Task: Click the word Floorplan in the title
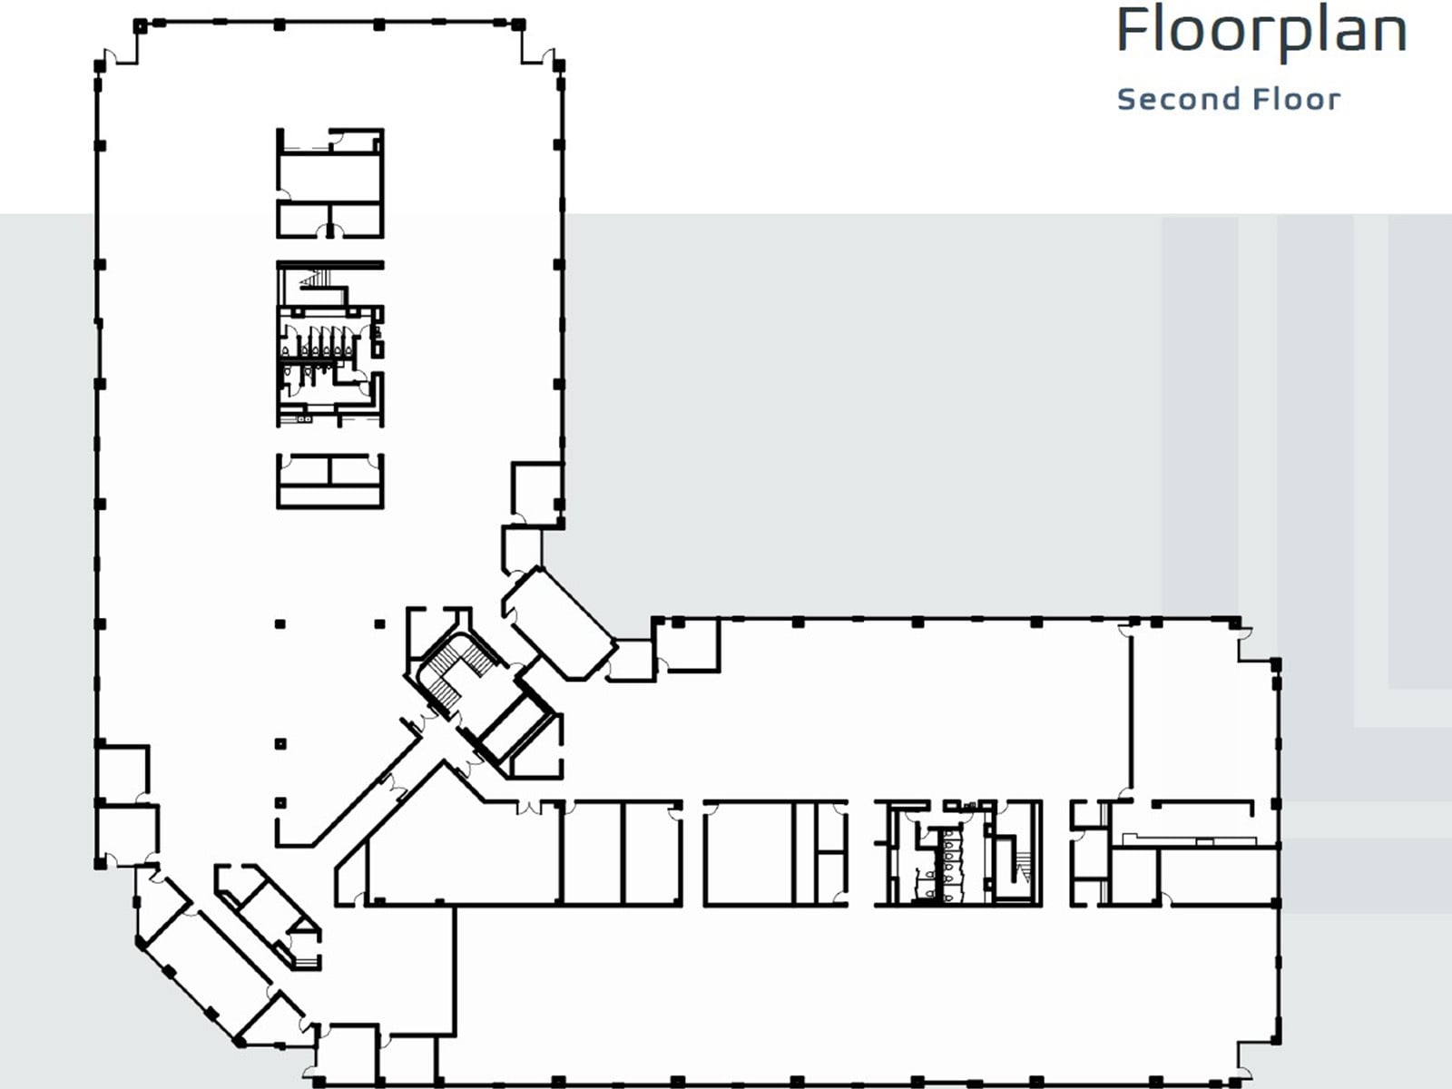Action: (x=1261, y=31)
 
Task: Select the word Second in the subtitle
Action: (x=1164, y=99)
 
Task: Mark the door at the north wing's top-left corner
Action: (x=108, y=57)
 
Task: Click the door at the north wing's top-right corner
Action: (x=547, y=57)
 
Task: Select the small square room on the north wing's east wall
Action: (x=535, y=493)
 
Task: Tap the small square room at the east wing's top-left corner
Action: (x=687, y=644)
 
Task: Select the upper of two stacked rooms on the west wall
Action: (x=123, y=773)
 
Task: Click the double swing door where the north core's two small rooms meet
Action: (x=329, y=231)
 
